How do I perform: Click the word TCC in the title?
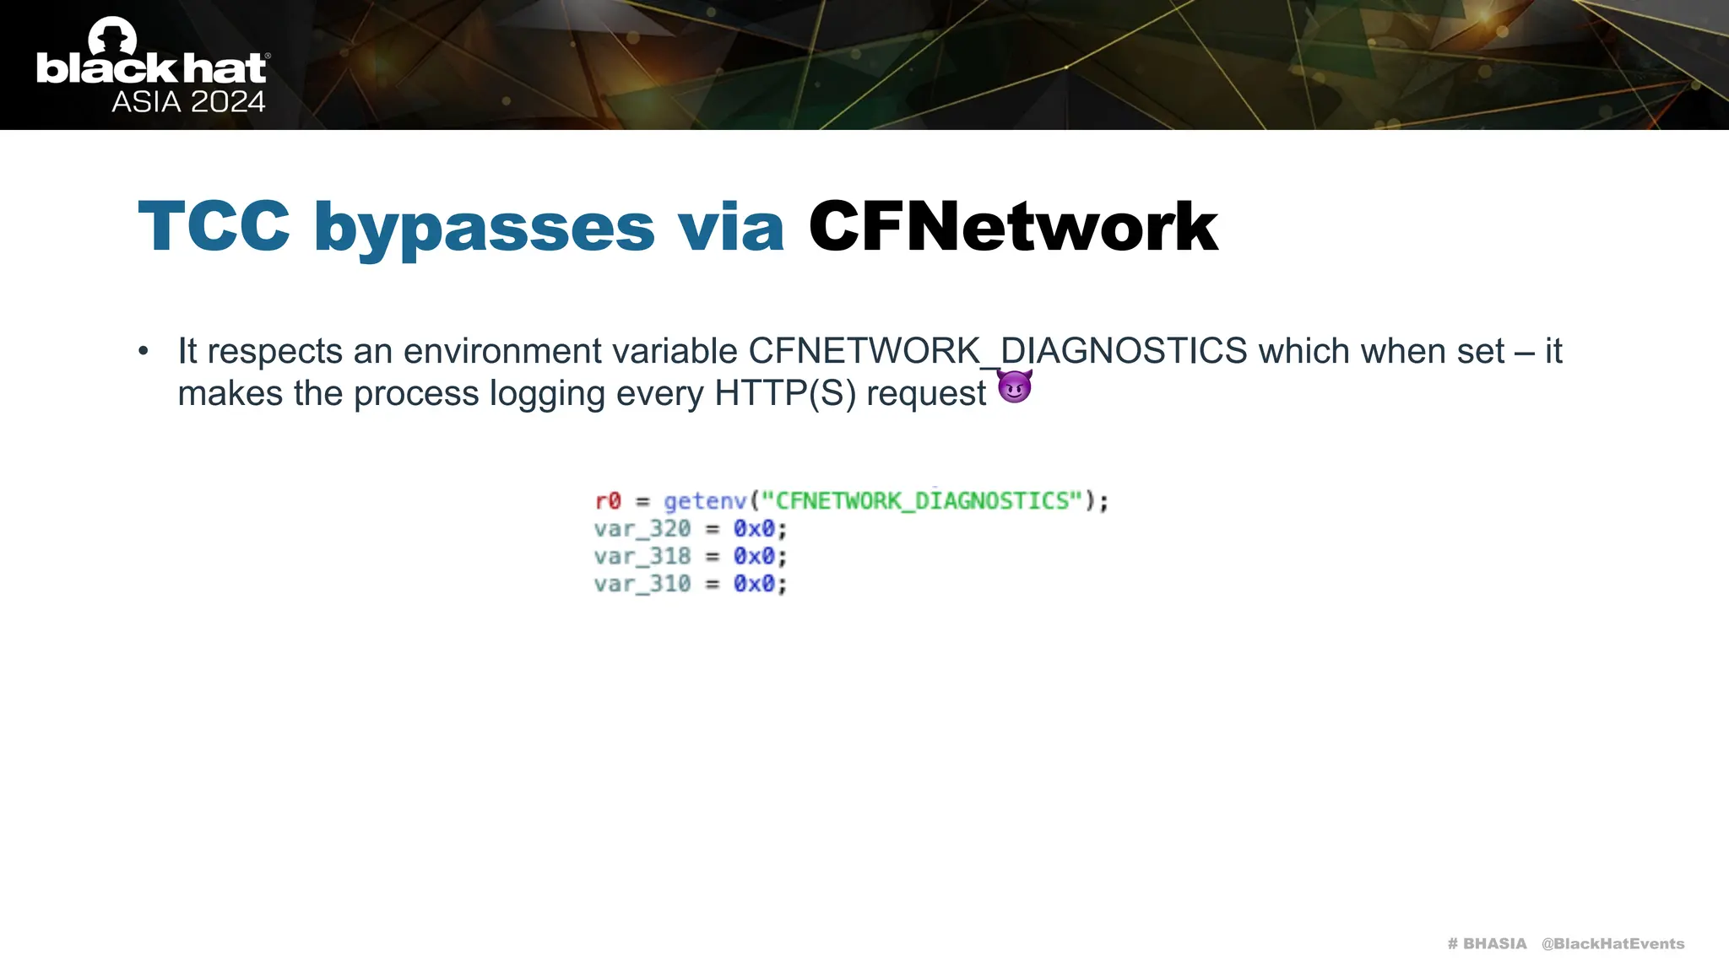pyautogui.click(x=214, y=226)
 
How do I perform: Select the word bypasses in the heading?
pyautogui.click(x=484, y=228)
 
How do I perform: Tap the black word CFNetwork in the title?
pyautogui.click(x=1013, y=226)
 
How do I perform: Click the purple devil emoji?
pyautogui.click(x=1015, y=387)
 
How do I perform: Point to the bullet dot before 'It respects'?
pyautogui.click(x=144, y=351)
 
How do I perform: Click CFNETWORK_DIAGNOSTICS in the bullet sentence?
pyautogui.click(x=998, y=351)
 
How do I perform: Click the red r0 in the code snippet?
pyautogui.click(x=608, y=501)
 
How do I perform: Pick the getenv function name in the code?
pyautogui.click(x=706, y=501)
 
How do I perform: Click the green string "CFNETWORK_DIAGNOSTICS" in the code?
pyautogui.click(x=922, y=501)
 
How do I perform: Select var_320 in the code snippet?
pyautogui.click(x=642, y=529)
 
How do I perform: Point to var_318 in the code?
pyautogui.click(x=642, y=557)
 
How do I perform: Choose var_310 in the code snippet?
pyautogui.click(x=642, y=584)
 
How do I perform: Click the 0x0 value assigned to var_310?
pyautogui.click(x=754, y=584)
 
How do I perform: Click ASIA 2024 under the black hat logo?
pyautogui.click(x=188, y=102)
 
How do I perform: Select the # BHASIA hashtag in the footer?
pyautogui.click(x=1487, y=943)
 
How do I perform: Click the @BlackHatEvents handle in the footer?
pyautogui.click(x=1612, y=943)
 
